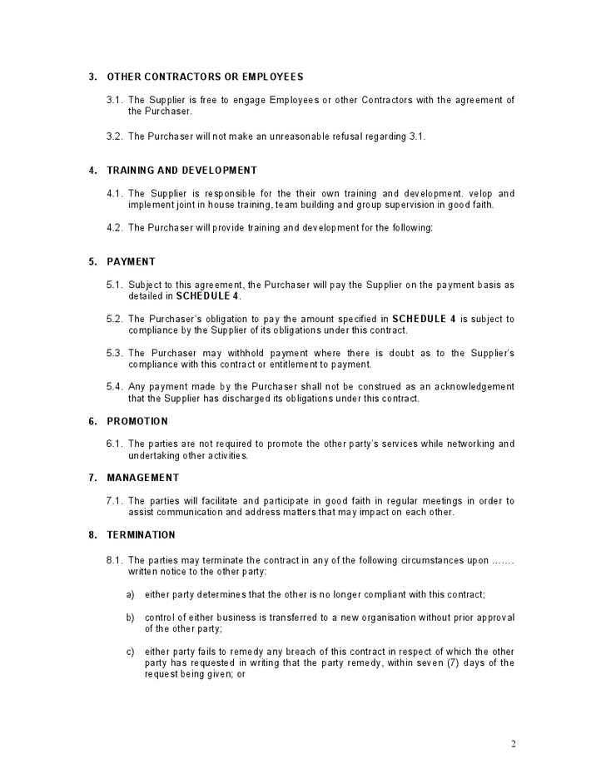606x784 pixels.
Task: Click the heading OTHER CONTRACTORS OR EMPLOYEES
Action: [205, 77]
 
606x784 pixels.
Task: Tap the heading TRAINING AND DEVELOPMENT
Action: [181, 171]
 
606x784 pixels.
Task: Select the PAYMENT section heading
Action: [131, 261]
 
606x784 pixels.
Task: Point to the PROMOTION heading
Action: [137, 421]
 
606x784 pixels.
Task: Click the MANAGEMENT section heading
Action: [143, 478]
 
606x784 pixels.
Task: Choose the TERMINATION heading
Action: [141, 534]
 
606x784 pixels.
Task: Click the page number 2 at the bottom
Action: [514, 743]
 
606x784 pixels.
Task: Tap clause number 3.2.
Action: [115, 136]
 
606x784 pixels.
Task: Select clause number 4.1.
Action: [115, 194]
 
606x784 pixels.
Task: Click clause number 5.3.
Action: [115, 353]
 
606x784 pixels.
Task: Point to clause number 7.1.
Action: [115, 501]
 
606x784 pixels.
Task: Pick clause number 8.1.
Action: [115, 560]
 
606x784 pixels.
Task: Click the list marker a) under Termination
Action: [130, 594]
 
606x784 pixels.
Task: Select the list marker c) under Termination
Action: [130, 652]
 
